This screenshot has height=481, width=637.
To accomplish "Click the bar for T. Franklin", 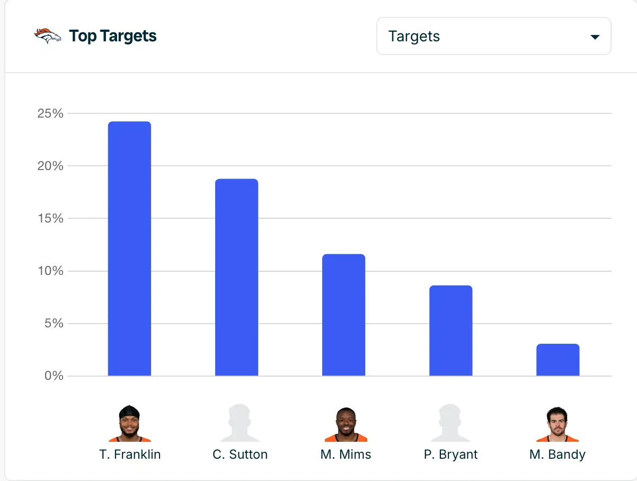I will coord(129,249).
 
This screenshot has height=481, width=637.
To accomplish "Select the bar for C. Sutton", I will coord(236,278).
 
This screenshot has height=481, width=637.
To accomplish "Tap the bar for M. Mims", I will coord(343,315).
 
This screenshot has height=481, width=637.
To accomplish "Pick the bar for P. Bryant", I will coord(450,331).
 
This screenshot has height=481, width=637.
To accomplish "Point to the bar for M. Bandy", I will coord(558,360).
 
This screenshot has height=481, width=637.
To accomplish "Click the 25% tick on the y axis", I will coord(50,113).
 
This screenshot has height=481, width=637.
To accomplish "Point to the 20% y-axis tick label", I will coord(50,166).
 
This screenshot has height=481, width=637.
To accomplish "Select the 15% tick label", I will coord(50,218).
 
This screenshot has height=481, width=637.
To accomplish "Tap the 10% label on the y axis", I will coord(50,271).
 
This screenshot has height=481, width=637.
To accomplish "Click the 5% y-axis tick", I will coord(54,323).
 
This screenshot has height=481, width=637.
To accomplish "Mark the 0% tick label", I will coord(54,376).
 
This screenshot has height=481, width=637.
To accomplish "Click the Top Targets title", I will coord(113,36).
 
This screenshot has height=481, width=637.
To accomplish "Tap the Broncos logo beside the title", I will coord(48,35).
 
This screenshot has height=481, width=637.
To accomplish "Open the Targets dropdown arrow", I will coord(595,37).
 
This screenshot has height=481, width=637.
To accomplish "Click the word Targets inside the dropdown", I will coord(414,36).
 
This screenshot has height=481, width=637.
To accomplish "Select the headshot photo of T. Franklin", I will coord(129,423).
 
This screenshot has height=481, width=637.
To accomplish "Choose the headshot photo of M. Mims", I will coord(346,424).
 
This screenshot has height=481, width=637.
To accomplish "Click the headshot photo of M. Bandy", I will coord(557,424).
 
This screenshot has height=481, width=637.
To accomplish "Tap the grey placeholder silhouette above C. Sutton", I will coord(240,423).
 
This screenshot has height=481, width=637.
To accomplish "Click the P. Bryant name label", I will coord(450,455).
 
